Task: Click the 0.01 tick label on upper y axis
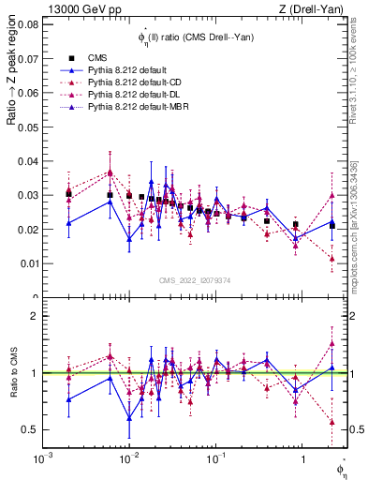coord(28,263)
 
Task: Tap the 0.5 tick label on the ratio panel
coord(29,429)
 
